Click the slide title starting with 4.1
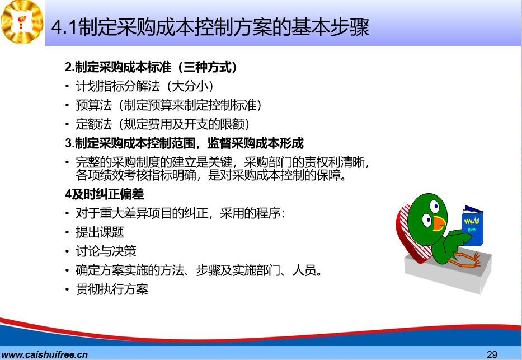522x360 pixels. coord(210,27)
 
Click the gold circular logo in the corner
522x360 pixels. coord(22,22)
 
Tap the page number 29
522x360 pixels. coord(492,354)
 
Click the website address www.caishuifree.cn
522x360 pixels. coord(44,354)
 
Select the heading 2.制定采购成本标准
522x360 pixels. coord(151,67)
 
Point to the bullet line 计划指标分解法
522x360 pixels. coord(144,86)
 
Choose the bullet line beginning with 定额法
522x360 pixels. coord(163,124)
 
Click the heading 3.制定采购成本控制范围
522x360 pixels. coord(184,143)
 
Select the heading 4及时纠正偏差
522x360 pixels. coord(104,194)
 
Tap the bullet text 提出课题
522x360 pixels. coord(100,232)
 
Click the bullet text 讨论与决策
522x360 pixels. coord(106,251)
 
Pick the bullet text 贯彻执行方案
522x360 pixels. coord(112,289)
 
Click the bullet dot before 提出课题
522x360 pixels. coord(67,232)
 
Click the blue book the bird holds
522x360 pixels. coord(473,226)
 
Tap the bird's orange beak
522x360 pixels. coord(439,223)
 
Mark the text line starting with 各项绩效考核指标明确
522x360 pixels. coord(211,175)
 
